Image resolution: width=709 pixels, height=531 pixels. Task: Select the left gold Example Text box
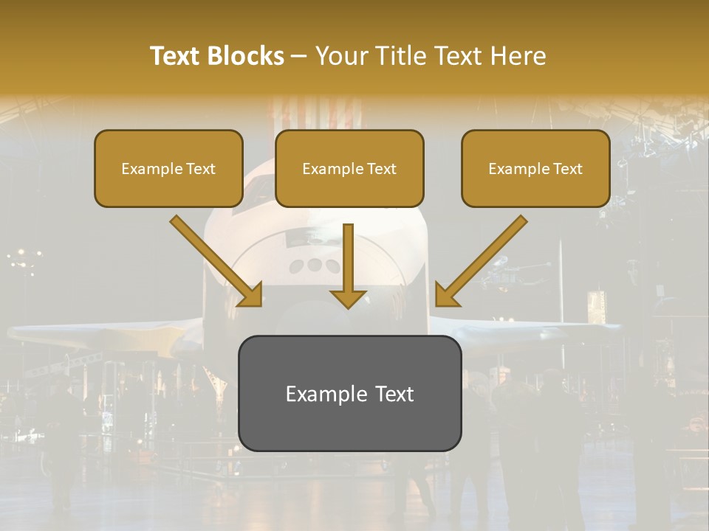click(168, 168)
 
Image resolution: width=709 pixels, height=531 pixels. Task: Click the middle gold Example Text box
click(349, 168)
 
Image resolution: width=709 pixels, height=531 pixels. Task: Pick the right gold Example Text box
click(535, 168)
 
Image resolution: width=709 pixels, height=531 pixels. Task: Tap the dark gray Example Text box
click(349, 393)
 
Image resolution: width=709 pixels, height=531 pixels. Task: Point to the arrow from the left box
click(214, 258)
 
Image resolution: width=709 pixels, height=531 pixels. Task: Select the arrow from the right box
click(484, 258)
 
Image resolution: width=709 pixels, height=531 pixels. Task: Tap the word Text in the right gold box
click(567, 169)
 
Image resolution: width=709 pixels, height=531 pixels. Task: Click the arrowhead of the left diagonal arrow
click(251, 295)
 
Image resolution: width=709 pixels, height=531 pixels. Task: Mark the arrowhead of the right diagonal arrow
click(446, 295)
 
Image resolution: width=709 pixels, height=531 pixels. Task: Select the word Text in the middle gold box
click(381, 169)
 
